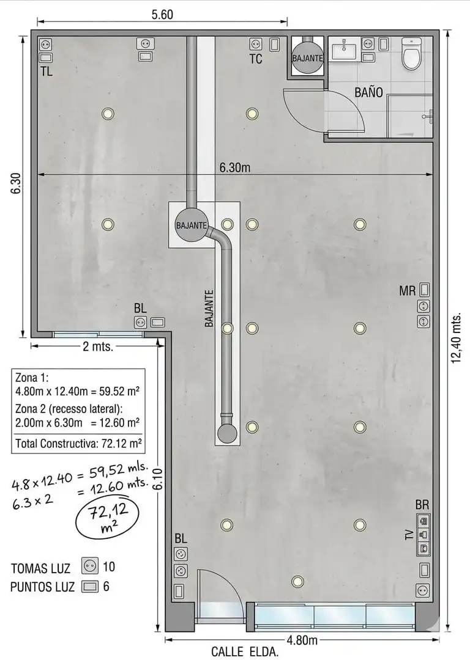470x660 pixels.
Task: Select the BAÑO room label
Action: coord(368,92)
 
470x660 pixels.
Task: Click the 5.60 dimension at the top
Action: coord(162,15)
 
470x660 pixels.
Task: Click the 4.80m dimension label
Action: coord(302,640)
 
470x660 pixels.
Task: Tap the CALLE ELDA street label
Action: coord(244,653)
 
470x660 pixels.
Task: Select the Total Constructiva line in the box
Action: coord(78,443)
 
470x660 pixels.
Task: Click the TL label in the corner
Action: coord(47,71)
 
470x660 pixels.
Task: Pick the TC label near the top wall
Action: coord(255,59)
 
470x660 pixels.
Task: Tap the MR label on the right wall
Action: coord(407,290)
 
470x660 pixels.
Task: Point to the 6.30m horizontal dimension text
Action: coord(235,167)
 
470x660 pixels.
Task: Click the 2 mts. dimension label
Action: coord(98,347)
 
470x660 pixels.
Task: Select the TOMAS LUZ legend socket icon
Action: coord(90,566)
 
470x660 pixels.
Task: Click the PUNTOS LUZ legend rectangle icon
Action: coord(90,586)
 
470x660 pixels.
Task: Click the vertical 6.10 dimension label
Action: coord(159,479)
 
